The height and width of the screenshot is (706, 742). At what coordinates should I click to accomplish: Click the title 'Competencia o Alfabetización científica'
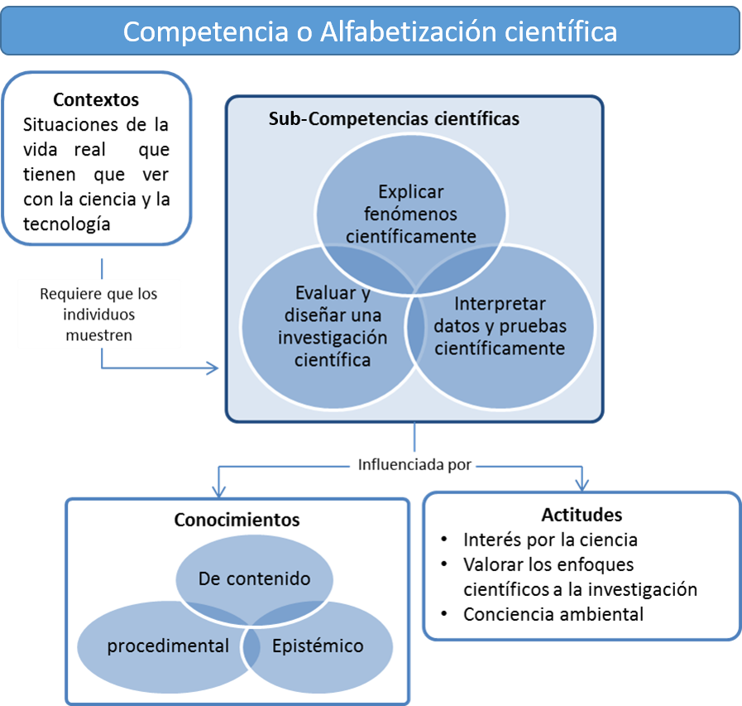point(370,31)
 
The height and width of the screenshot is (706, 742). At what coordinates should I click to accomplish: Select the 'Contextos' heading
point(96,100)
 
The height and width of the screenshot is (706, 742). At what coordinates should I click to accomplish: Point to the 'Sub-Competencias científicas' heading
point(394,119)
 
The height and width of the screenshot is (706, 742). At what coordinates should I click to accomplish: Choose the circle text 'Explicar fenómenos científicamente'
point(410,214)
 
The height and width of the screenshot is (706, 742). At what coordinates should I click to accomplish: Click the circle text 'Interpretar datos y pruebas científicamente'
point(500,325)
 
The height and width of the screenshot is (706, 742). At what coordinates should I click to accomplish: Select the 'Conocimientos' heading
point(237,521)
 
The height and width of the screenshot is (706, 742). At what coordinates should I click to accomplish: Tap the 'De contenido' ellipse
point(254,579)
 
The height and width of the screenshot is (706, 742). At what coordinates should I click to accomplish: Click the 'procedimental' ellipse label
point(168,646)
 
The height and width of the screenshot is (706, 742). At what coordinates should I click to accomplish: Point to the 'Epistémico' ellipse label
point(318,646)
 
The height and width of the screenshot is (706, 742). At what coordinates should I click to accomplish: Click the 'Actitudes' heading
point(582,515)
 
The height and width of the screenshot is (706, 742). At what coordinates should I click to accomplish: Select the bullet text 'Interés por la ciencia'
point(550,540)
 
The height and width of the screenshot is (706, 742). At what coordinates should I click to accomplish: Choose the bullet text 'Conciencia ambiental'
point(553,614)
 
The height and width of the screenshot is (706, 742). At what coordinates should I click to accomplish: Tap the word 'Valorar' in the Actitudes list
point(492,564)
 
